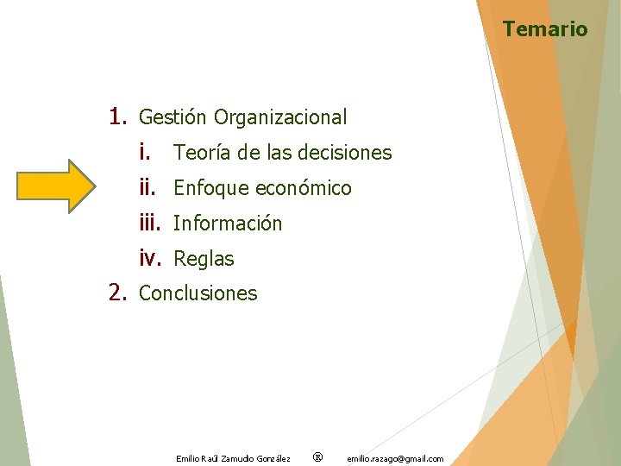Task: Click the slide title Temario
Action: (545, 29)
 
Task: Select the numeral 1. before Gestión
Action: (119, 116)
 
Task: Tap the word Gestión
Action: (172, 117)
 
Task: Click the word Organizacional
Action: (280, 117)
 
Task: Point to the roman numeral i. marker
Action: (145, 152)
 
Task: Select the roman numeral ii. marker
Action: (147, 187)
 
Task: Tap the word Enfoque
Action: (210, 188)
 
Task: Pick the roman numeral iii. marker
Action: (150, 223)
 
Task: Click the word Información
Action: (228, 224)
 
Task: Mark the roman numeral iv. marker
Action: (151, 258)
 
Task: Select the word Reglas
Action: (204, 259)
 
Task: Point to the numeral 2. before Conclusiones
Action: (119, 293)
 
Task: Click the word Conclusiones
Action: (198, 293)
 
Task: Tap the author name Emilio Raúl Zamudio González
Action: (233, 458)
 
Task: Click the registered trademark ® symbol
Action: (317, 457)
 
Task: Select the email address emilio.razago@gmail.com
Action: (395, 458)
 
